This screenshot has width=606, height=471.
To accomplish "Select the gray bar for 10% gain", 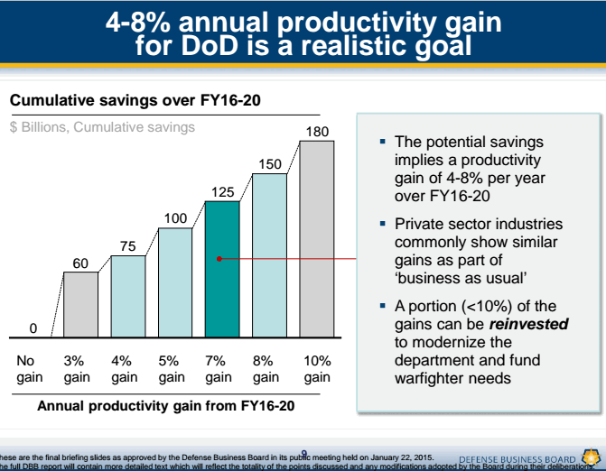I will click(316, 239).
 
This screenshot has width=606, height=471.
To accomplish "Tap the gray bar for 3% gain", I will click(80, 305).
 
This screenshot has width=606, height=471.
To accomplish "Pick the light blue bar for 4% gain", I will click(127, 297).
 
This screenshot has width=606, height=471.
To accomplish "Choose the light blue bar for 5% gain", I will click(175, 283).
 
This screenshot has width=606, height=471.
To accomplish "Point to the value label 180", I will click(317, 132).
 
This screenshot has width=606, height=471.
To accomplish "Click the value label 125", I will click(223, 191).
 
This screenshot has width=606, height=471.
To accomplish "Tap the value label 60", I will click(80, 263).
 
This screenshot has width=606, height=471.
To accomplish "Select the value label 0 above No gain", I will click(33, 328).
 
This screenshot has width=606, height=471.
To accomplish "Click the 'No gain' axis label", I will click(31, 369).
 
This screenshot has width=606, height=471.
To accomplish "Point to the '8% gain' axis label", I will click(266, 369).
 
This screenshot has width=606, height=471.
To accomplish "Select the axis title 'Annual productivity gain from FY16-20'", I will click(166, 406).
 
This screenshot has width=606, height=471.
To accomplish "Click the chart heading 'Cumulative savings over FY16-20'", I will click(135, 100).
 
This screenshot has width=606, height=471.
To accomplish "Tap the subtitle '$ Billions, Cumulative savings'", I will click(102, 127).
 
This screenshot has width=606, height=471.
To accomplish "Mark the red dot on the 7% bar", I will click(219, 259).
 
